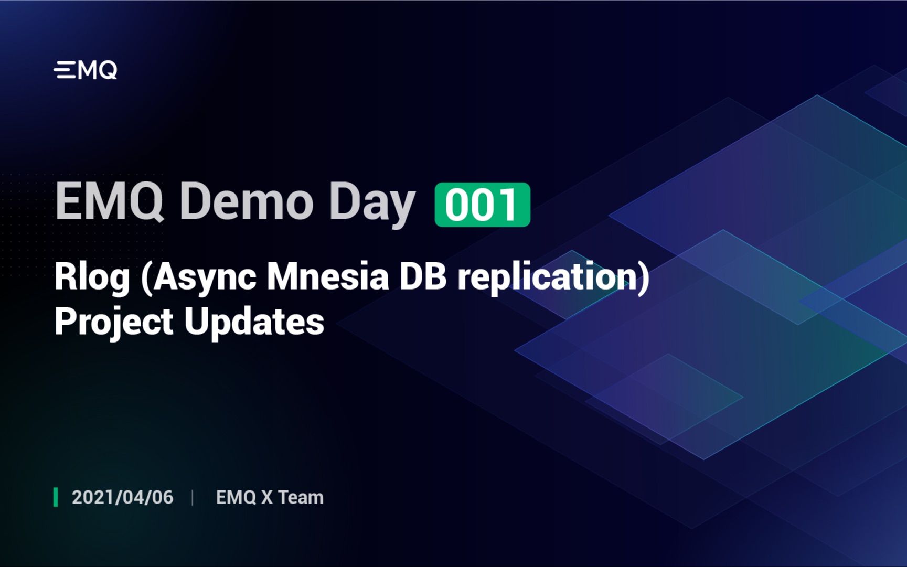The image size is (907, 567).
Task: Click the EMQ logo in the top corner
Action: tap(85, 70)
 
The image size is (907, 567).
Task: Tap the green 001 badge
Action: tap(482, 205)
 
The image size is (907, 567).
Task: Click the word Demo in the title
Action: tap(247, 202)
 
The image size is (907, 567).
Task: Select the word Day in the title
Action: tap(372, 205)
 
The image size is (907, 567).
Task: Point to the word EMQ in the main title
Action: tap(109, 202)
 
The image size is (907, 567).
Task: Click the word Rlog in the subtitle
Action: tap(92, 278)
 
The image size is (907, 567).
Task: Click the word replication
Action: tap(546, 278)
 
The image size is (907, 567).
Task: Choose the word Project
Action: tap(114, 323)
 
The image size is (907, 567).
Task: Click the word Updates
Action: tap(254, 322)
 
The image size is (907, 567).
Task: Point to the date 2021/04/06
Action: tap(122, 497)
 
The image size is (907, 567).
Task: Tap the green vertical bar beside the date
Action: tap(56, 497)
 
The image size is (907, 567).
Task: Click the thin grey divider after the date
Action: tap(193, 497)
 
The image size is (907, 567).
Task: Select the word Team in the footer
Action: tap(300, 497)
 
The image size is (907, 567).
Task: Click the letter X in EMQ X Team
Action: tap(266, 497)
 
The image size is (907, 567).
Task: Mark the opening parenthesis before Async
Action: tap(146, 278)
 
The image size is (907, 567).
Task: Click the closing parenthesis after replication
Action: tap(643, 278)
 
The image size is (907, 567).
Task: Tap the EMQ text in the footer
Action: tap(236, 497)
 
